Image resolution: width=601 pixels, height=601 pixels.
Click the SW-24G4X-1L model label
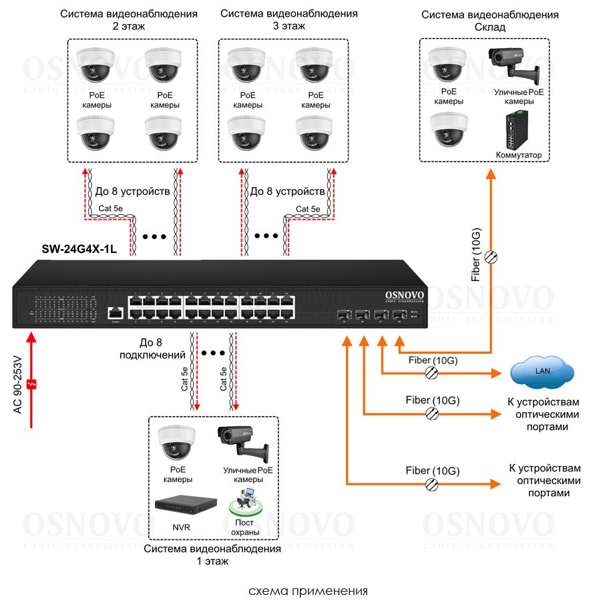[79, 250]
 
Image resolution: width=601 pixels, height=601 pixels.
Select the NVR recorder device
[187, 505]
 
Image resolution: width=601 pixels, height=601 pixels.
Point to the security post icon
[244, 501]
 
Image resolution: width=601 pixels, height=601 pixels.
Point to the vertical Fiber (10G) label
[475, 254]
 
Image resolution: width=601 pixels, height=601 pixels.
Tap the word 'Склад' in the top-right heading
[489, 27]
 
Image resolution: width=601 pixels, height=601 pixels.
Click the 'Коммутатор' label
[518, 155]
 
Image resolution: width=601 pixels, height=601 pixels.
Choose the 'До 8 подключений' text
[142, 348]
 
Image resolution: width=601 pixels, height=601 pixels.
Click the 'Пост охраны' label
[243, 528]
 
